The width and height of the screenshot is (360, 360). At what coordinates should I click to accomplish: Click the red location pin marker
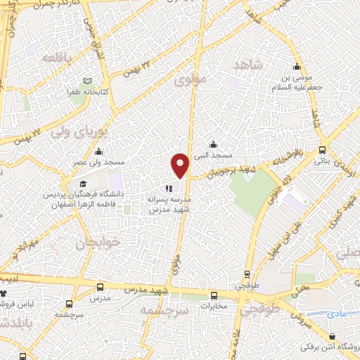coord(181,165)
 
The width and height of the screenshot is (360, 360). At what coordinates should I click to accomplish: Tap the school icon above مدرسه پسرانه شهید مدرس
coord(169,188)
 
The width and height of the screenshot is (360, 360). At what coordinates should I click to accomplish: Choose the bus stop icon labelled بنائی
coord(323,150)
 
